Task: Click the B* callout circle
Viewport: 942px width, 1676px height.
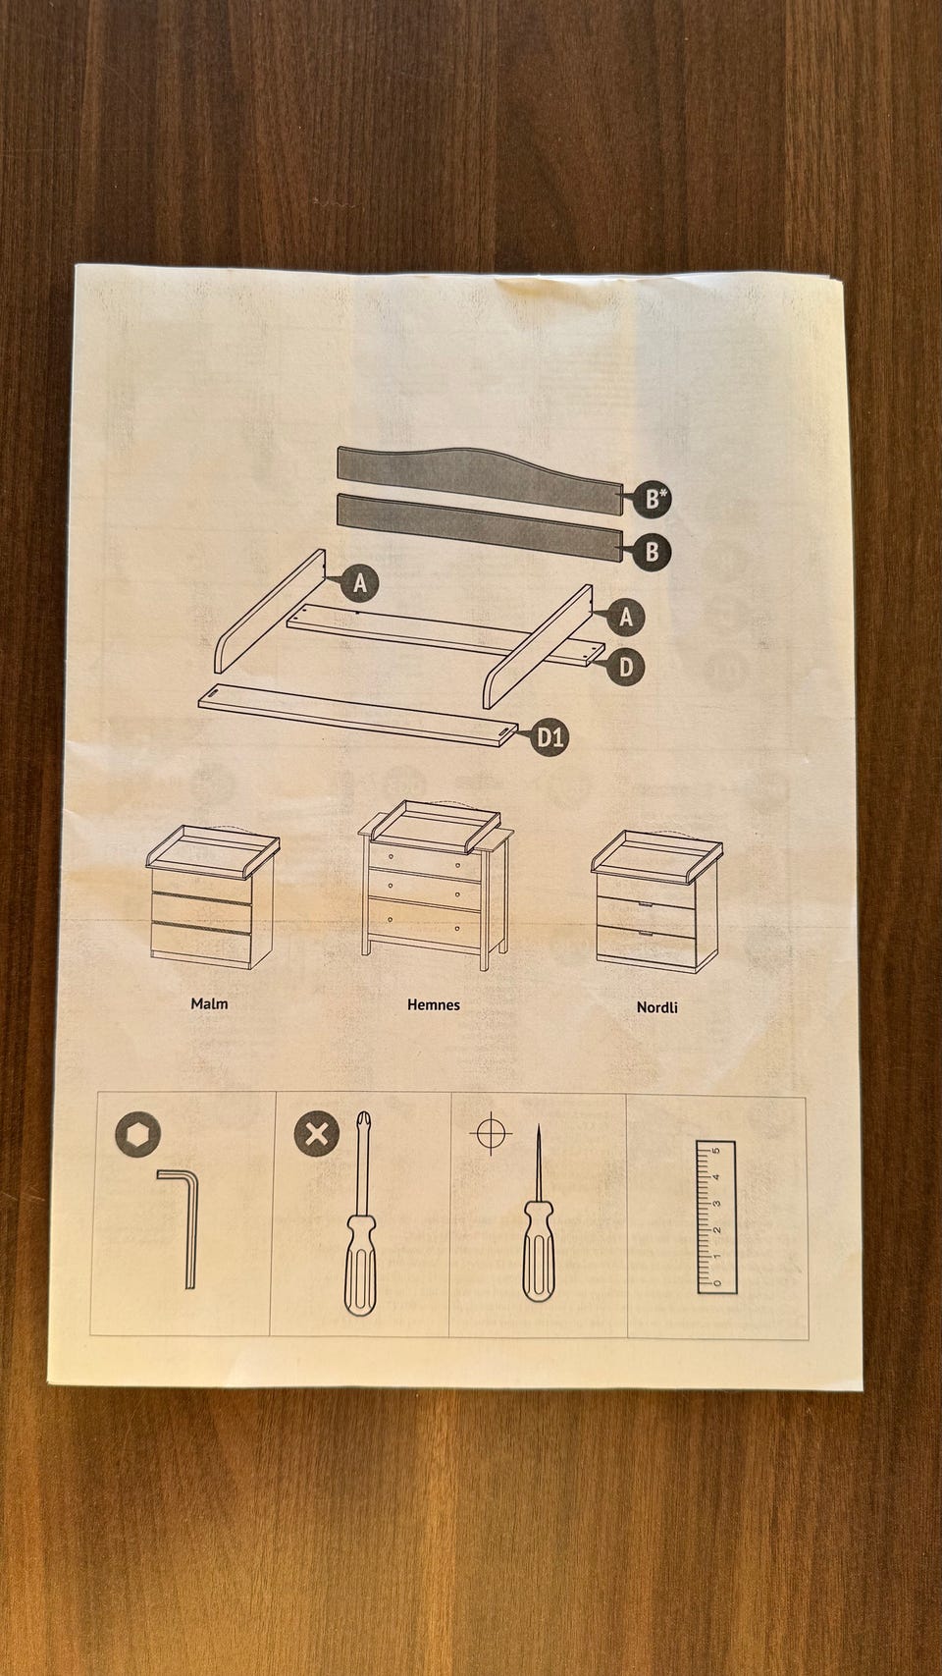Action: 652,500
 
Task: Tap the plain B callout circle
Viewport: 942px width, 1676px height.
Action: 652,552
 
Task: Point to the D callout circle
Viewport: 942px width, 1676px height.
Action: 626,667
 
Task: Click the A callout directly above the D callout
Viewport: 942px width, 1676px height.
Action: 626,617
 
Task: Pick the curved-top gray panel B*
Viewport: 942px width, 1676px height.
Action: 480,479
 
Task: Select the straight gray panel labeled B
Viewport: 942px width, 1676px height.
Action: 480,526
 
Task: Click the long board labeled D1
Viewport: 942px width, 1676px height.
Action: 358,715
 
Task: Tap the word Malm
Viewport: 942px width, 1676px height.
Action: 209,1003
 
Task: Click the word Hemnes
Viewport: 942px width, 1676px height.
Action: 434,1004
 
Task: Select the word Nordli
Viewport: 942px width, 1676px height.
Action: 657,1007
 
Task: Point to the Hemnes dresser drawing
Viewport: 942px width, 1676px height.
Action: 436,886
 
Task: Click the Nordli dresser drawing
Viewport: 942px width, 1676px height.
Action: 657,901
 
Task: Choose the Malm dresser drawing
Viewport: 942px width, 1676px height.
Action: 212,897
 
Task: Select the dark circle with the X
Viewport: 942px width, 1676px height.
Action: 317,1133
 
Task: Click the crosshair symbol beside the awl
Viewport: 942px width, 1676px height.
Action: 491,1133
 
